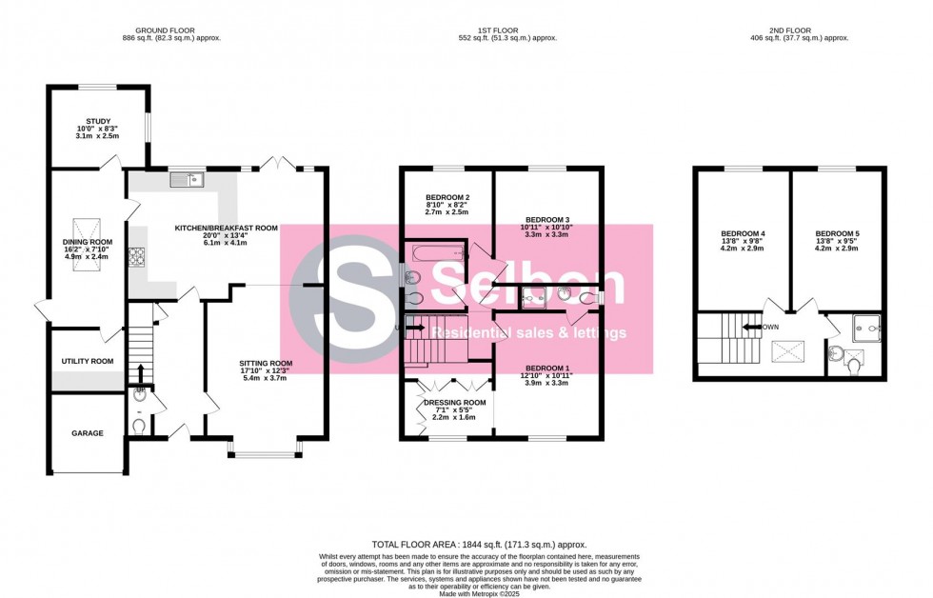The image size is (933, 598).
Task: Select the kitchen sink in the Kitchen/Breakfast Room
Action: (x=187, y=178)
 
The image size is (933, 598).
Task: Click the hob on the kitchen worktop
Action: (x=136, y=254)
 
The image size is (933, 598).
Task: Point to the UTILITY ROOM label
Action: (x=88, y=362)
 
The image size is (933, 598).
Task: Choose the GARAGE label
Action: (x=88, y=433)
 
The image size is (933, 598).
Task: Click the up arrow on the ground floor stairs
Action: (x=141, y=371)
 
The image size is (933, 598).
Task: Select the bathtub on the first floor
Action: (x=434, y=253)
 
